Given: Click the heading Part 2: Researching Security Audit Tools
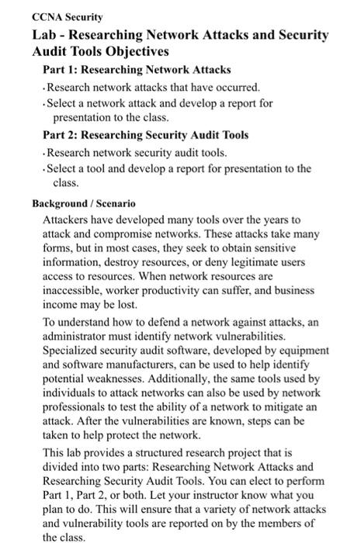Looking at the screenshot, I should coord(144,134).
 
